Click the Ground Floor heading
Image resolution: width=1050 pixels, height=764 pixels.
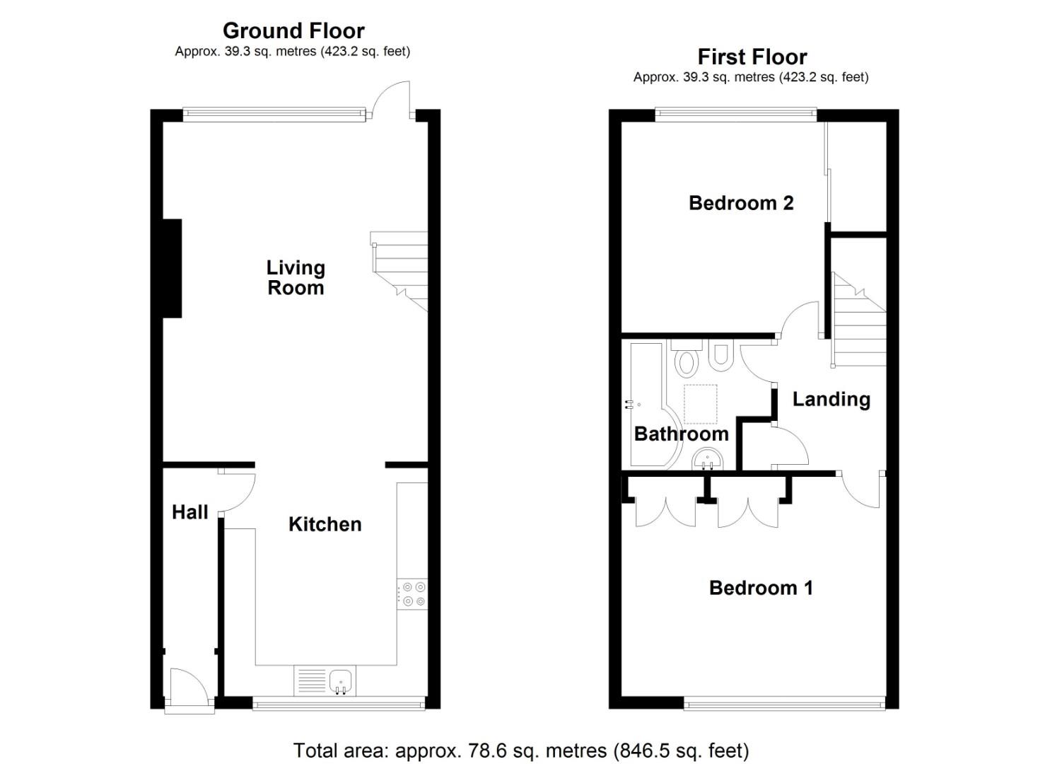(x=293, y=30)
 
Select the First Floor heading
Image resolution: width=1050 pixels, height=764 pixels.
(x=752, y=57)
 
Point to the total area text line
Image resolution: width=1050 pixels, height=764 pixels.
(x=520, y=750)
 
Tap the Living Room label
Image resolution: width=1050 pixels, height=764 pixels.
(x=296, y=277)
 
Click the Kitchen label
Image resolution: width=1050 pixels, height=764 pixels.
(x=325, y=524)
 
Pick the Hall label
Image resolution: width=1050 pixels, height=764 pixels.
(x=189, y=512)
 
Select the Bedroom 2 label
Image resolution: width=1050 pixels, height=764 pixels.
(x=740, y=203)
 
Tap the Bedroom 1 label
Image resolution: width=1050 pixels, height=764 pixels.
(x=760, y=588)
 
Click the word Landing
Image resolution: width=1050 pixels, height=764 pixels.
(x=831, y=399)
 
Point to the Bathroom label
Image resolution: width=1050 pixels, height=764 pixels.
(x=681, y=434)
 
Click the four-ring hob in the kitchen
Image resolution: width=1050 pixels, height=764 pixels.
(x=412, y=594)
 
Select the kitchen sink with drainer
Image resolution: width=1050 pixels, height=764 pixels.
(x=325, y=681)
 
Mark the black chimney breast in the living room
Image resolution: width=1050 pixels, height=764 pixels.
(x=172, y=268)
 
